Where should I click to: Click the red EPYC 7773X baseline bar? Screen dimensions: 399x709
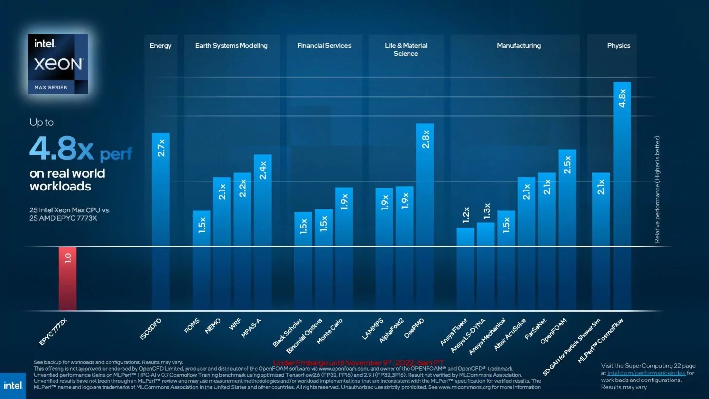(x=68, y=278)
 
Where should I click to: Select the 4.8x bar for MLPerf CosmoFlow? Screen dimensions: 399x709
(x=622, y=195)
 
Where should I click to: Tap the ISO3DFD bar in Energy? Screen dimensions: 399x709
(x=161, y=219)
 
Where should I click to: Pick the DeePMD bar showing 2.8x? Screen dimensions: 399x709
(x=425, y=214)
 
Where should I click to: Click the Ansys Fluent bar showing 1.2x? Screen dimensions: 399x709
(x=465, y=268)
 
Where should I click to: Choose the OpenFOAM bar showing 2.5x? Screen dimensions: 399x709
(x=567, y=229)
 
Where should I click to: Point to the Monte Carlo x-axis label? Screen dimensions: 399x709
(x=330, y=331)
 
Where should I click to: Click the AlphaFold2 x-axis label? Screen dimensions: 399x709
(x=392, y=331)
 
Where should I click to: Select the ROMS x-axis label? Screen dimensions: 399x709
(x=192, y=326)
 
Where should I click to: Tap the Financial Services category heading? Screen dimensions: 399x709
(x=324, y=46)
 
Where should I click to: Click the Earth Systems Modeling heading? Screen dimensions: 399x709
(x=231, y=46)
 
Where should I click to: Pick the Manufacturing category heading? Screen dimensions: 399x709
(x=518, y=46)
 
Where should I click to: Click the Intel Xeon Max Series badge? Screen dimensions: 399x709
(x=58, y=64)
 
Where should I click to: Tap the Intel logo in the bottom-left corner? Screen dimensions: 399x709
(x=13, y=385)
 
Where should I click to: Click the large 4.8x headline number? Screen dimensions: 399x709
(x=61, y=149)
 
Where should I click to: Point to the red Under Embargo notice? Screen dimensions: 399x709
(x=358, y=363)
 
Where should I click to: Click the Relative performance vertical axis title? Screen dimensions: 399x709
(x=657, y=190)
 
